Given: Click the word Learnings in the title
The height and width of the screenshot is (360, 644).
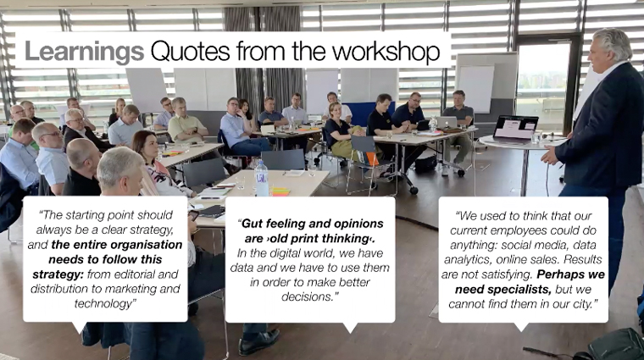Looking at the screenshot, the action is tap(84, 52).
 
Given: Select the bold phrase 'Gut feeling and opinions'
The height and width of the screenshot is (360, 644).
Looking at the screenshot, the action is tap(312, 224).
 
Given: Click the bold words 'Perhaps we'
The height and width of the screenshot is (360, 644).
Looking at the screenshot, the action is tap(570, 274).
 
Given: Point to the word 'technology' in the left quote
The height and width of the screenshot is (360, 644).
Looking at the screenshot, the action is tap(103, 304).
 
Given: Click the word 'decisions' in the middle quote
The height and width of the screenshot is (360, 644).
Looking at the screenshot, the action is tap(308, 296).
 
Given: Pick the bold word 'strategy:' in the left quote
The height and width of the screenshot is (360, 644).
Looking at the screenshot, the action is tap(58, 274).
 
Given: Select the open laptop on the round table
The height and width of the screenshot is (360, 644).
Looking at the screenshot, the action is tap(515, 128).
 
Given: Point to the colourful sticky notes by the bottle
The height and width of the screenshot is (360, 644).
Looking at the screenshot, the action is tap(280, 191).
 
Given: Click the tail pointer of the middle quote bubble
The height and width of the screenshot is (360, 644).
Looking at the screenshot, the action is tap(349, 327).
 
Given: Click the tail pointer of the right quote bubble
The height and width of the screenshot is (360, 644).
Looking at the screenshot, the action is tap(521, 327).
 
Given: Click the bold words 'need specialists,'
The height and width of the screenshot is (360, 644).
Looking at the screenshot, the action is tap(503, 290).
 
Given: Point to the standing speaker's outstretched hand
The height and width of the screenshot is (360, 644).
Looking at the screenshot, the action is tap(549, 156).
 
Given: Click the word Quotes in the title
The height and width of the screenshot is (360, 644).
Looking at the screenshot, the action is tap(190, 53).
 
